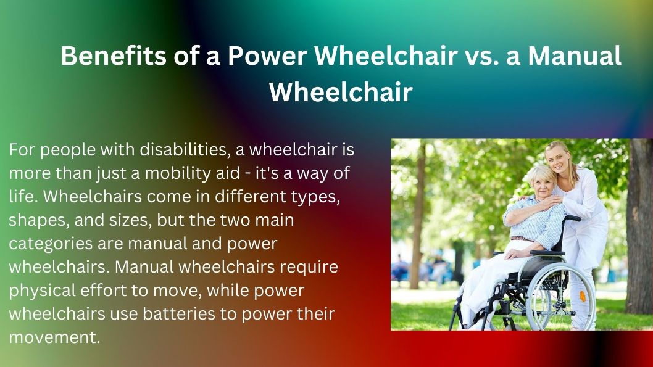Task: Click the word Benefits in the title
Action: point(114,56)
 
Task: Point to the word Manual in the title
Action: point(575,56)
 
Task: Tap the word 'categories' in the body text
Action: point(51,244)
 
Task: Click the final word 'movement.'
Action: point(54,337)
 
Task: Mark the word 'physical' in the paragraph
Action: point(42,291)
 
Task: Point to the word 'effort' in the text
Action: point(103,290)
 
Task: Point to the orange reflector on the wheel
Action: point(582,296)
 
